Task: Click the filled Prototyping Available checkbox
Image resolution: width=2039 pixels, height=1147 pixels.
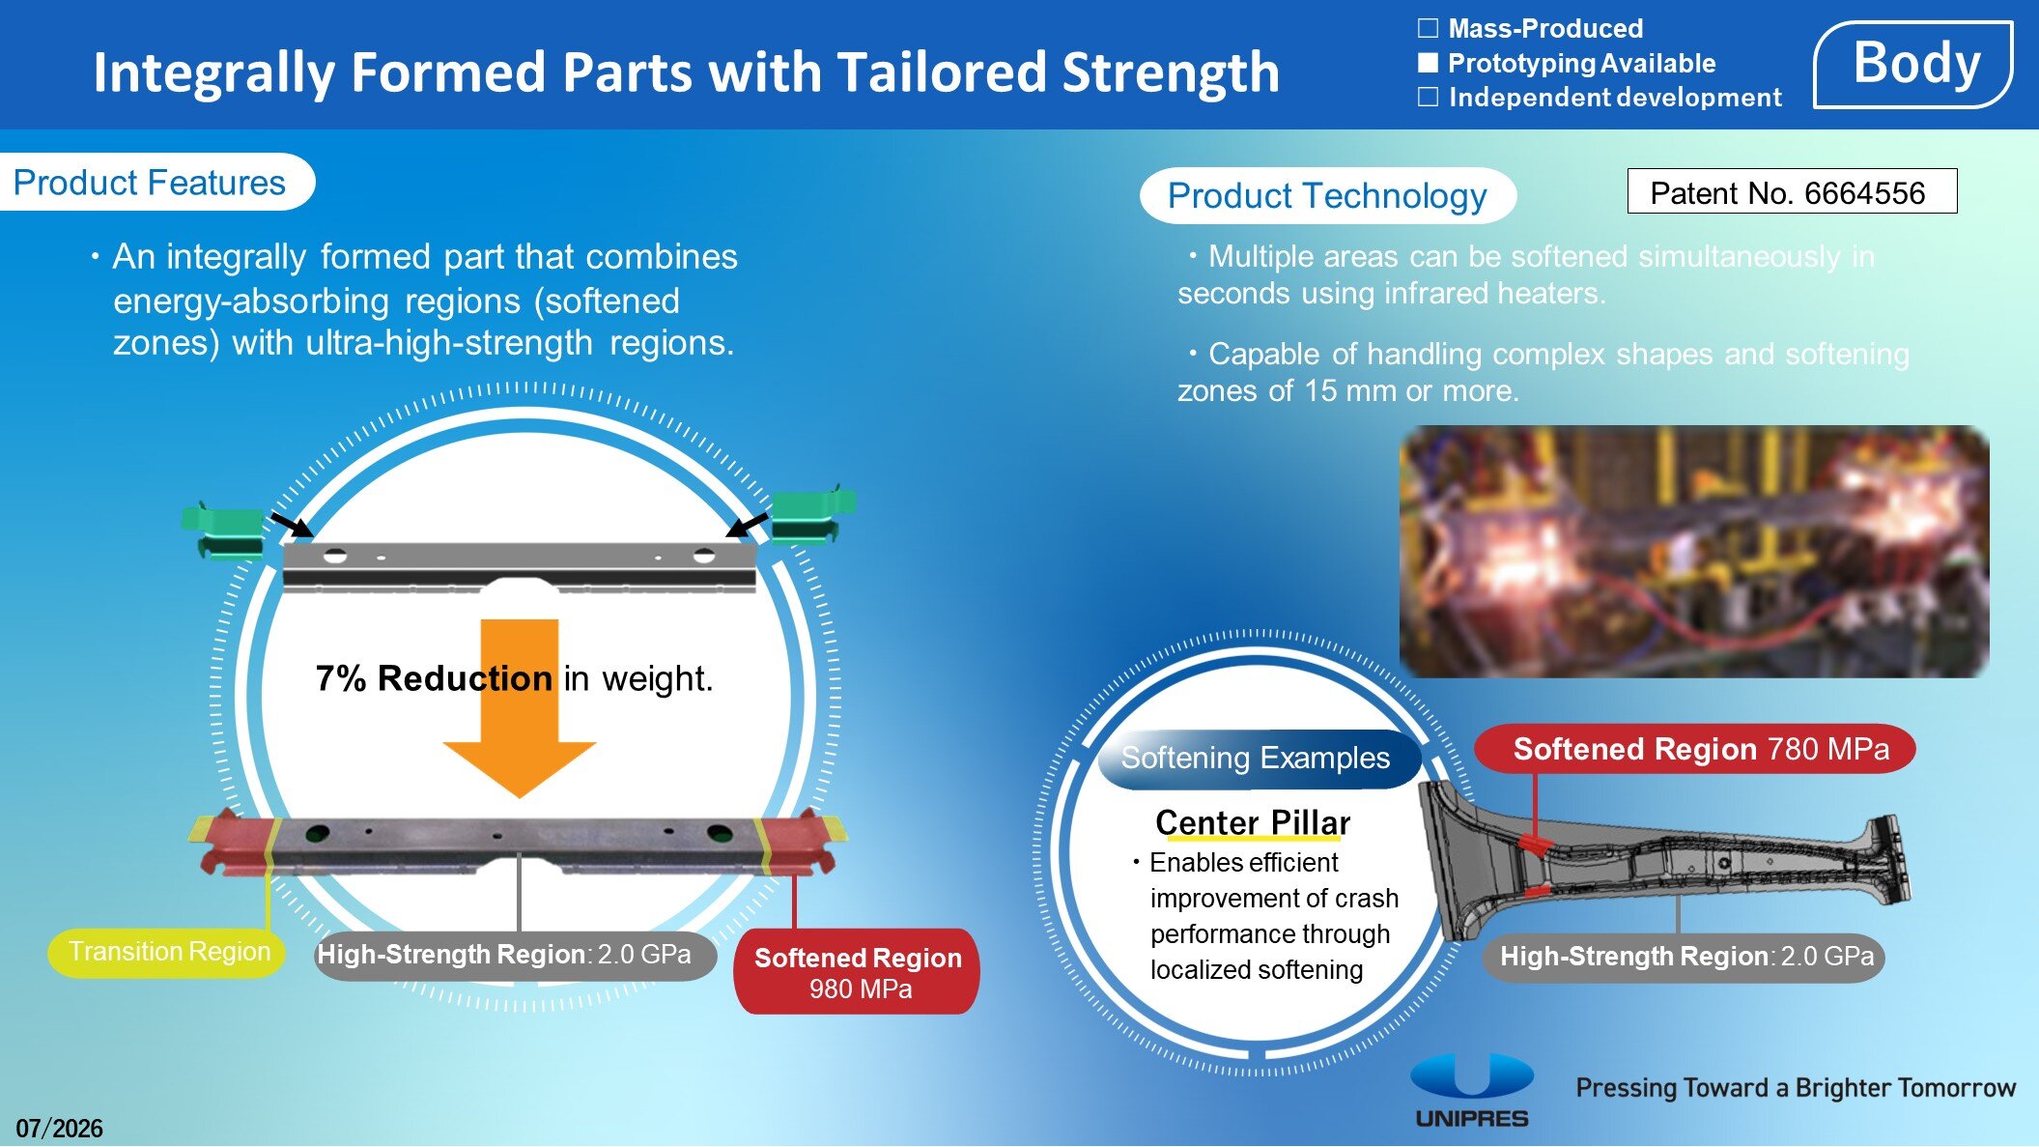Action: coord(1428,63)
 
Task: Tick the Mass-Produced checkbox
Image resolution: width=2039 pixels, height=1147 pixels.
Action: coord(1428,28)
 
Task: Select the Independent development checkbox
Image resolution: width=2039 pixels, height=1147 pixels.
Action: coord(1428,97)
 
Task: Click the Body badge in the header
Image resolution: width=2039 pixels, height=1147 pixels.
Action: coord(1913,64)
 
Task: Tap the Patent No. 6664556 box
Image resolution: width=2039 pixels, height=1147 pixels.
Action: coord(1792,191)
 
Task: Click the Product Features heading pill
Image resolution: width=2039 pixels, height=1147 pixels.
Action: coord(155,182)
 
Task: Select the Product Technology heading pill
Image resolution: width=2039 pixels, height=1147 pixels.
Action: coord(1327,195)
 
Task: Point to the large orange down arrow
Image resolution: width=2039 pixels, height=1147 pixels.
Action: coord(520,708)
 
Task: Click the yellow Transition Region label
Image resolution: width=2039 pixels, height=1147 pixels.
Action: coord(168,952)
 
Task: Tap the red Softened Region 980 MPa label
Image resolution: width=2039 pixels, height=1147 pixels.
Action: coord(857,971)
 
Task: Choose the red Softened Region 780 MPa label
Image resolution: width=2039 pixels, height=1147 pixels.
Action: coord(1695,749)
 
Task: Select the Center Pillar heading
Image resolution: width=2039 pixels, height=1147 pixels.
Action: coord(1253,822)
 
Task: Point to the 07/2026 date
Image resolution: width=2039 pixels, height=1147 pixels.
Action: coord(59,1128)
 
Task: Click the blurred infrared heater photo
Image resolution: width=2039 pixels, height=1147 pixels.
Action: coord(1694,552)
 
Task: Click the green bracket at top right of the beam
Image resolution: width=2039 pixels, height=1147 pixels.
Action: coord(812,515)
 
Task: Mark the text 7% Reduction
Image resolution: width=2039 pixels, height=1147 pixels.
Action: coord(434,678)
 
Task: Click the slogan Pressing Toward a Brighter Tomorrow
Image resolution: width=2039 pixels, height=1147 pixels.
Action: coord(1796,1088)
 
